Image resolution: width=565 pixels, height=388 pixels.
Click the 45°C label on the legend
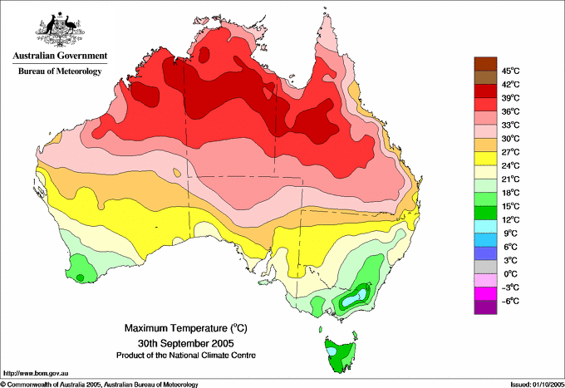(x=511, y=71)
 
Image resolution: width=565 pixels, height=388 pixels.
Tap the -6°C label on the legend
(x=510, y=301)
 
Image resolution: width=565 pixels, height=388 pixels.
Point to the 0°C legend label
(x=511, y=274)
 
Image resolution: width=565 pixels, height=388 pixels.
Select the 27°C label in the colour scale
(x=511, y=152)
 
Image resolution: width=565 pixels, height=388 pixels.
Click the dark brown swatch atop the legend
(x=485, y=64)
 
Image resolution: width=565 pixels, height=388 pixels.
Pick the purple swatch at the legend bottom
(x=485, y=307)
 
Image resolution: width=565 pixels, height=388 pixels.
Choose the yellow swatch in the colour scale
(x=485, y=159)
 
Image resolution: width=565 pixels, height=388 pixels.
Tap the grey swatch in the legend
(x=485, y=267)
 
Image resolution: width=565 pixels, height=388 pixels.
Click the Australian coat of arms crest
(x=60, y=29)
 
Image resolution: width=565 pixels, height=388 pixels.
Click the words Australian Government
(x=60, y=56)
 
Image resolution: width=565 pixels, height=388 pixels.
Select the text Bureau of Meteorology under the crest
(x=60, y=71)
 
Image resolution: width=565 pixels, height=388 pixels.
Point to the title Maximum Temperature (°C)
(x=186, y=328)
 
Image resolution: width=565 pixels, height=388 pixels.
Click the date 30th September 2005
(x=186, y=342)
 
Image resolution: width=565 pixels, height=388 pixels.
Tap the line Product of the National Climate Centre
(x=186, y=356)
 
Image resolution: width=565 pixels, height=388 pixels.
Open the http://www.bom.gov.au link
(x=35, y=374)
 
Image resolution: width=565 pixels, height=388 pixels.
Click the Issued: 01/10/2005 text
(x=537, y=385)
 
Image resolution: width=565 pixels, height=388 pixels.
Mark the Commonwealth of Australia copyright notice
(x=100, y=385)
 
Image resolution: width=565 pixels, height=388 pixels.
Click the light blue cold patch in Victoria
(x=354, y=297)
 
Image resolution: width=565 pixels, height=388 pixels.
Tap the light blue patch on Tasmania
(x=332, y=351)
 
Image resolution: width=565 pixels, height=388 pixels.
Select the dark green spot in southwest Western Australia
(x=80, y=277)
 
